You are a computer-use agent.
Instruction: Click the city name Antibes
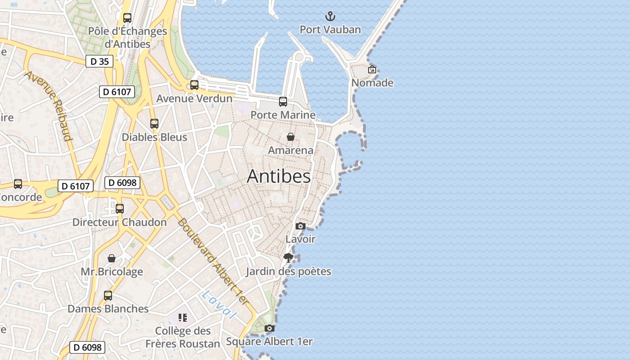pos(279,176)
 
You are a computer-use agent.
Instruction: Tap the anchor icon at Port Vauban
pos(330,17)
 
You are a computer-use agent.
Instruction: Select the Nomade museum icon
pos(372,69)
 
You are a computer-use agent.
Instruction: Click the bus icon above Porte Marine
pos(283,102)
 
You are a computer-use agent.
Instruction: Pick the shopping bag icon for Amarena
pos(291,137)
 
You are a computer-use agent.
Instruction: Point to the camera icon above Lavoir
pos(301,226)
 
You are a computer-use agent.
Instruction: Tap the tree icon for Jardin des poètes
pos(288,258)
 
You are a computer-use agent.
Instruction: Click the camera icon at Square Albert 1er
pos(269,328)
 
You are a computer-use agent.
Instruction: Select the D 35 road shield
pos(99,62)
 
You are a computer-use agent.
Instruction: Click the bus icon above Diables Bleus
pos(154,123)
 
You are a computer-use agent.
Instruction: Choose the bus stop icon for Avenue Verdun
pos(194,85)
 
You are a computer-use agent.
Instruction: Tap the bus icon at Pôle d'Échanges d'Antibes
pos(127,18)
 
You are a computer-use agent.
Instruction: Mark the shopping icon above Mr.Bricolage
pos(112,258)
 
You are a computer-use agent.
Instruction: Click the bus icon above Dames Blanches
pos(108,295)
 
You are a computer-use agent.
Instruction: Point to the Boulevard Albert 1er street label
pos(212,261)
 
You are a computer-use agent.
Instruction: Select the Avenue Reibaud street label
pos(49,106)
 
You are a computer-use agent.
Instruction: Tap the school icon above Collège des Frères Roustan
pos(182,318)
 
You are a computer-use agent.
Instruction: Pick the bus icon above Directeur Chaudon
pos(120,209)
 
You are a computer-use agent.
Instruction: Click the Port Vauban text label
pos(330,30)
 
